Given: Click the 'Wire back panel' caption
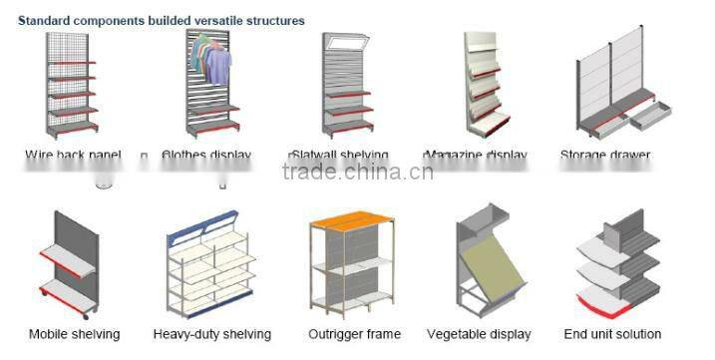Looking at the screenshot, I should coord(73,155).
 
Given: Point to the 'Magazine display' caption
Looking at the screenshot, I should coord(476,155).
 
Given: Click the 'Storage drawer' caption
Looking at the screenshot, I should coord(604,155).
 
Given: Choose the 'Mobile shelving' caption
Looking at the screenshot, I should coord(74,334).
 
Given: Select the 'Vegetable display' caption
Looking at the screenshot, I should coord(479,334).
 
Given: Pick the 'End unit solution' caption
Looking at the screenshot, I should coord(612,334).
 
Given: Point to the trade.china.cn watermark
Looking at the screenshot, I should coord(357,173).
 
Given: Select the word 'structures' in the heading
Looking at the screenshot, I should coord(276,20).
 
